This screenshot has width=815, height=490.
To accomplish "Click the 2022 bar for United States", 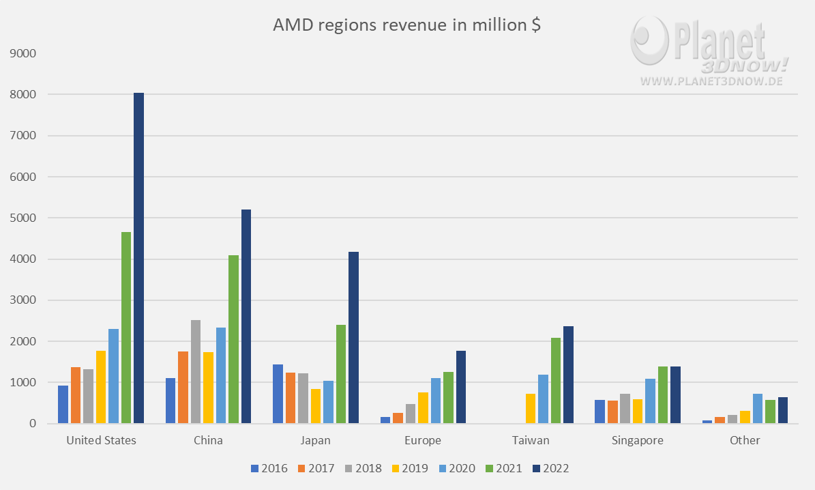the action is [138, 258].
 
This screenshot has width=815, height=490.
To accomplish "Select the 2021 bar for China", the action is [233, 339].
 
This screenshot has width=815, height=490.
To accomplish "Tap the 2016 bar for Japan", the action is [278, 394].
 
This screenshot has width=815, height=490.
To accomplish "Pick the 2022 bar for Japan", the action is [353, 338].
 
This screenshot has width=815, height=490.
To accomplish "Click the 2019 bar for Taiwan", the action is [531, 408].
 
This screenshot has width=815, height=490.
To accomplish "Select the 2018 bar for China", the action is [196, 371].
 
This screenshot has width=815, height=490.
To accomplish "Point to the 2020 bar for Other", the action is [758, 408].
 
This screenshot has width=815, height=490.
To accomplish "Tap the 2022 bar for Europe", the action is [461, 387].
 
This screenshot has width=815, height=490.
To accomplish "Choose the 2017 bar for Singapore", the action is [613, 412].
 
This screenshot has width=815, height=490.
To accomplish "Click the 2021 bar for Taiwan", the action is [556, 380].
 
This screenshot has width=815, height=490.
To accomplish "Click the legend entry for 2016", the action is [269, 468].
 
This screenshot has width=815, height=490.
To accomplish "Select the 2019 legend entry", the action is [410, 468].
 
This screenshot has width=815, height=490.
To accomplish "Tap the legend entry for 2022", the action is [550, 468].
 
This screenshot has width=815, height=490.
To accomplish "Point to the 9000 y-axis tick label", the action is [23, 53].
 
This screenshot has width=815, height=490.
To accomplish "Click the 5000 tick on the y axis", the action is [23, 218].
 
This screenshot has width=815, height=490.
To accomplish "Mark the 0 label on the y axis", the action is [33, 423].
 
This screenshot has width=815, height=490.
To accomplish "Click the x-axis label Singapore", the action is [637, 440].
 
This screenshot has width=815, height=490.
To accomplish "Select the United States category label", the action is [102, 440].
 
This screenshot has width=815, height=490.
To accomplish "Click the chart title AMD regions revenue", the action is [407, 25].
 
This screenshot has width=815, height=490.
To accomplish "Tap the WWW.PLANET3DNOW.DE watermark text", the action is [711, 81].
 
